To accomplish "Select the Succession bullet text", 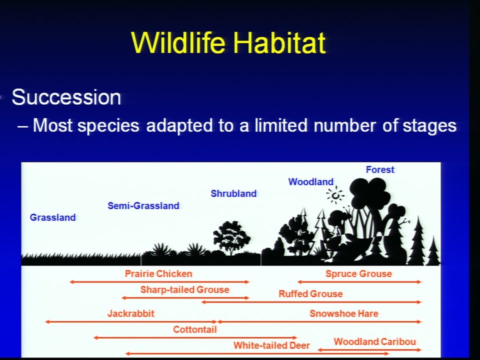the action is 66,97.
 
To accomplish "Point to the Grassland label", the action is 52,217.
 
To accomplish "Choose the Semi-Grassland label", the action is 143,205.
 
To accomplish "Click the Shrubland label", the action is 233,193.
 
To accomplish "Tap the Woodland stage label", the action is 310,182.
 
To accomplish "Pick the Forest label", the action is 380,169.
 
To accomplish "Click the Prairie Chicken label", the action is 158,273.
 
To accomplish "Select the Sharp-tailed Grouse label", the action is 184,289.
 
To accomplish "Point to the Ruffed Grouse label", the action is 310,294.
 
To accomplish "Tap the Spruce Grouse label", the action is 358,273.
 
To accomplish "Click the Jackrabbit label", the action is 130,313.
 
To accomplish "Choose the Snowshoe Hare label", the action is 344,313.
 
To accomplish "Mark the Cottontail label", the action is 194,329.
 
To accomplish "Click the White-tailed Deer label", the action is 271,345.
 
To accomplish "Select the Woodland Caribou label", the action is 374,341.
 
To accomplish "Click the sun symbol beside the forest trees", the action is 335,195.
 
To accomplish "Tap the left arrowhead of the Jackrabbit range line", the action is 47,321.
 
